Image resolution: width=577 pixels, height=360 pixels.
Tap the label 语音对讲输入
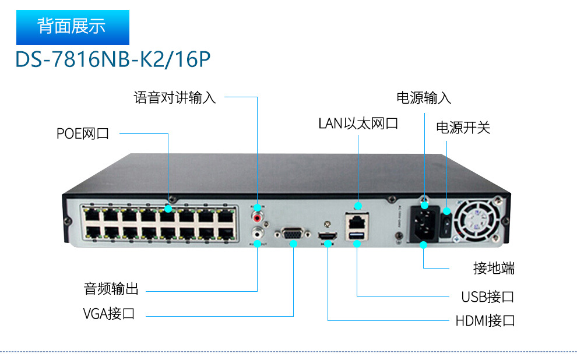pos(174,97)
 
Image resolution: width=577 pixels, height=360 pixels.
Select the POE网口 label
pos(83,133)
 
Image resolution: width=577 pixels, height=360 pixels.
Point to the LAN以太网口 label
pos(358,123)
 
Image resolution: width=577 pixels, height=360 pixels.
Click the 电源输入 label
pos(424,97)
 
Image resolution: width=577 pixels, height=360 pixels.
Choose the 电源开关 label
pos(463,128)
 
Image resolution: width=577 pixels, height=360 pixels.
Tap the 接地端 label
pos(494,269)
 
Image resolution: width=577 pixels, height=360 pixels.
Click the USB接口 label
pos(488,297)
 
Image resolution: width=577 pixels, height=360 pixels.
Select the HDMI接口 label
pos(485,320)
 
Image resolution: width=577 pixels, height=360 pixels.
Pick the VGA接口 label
pos(109,314)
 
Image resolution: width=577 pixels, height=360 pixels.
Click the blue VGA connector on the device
pos(293,234)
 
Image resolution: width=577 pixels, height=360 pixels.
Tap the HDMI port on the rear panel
pos(328,236)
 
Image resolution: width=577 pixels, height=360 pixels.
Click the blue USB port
pos(357,235)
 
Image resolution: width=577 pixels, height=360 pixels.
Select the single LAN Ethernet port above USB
pos(357,221)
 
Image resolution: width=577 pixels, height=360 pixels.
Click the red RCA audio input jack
pos(258,217)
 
